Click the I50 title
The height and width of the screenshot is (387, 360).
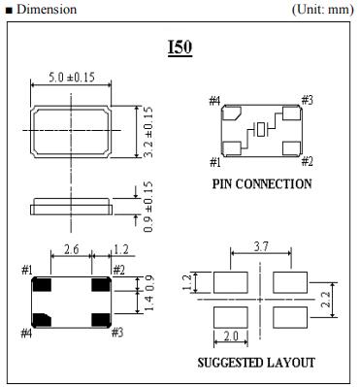[x=180, y=48]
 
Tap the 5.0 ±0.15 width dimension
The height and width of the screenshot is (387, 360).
[x=72, y=78]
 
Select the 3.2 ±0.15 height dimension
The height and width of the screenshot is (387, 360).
[x=147, y=132]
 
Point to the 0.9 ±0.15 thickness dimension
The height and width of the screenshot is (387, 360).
[x=147, y=207]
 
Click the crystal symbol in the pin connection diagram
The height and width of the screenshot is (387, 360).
[x=261, y=129]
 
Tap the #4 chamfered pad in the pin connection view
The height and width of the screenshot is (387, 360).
[x=233, y=113]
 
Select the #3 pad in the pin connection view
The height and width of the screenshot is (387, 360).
[x=291, y=113]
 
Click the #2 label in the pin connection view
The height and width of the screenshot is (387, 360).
[x=307, y=161]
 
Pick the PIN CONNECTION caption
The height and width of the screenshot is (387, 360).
[x=262, y=184]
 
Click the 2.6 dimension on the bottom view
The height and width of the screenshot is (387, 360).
[x=71, y=249]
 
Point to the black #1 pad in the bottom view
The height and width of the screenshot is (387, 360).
[x=43, y=284]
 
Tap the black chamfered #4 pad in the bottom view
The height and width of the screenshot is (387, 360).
[x=43, y=320]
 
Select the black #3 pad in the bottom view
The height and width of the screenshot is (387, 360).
[x=101, y=320]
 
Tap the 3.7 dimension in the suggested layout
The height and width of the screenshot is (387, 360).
[x=261, y=247]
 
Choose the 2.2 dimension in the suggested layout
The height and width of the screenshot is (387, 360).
[x=326, y=300]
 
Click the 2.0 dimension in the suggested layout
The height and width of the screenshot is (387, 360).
[x=231, y=337]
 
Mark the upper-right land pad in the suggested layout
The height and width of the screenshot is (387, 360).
[x=290, y=282]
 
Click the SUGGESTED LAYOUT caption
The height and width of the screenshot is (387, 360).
[x=256, y=363]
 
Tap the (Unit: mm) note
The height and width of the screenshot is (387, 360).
[x=323, y=10]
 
